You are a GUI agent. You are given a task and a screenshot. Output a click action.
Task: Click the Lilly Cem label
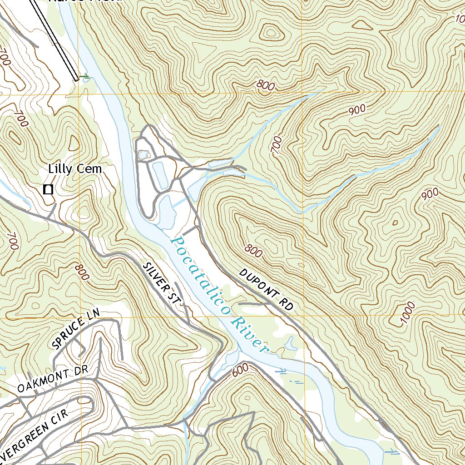point(75,169)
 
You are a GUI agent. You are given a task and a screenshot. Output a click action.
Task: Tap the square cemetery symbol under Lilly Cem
point(48,189)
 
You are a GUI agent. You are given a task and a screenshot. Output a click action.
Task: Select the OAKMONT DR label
point(52,381)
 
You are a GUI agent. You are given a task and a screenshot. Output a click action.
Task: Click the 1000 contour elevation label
point(408,314)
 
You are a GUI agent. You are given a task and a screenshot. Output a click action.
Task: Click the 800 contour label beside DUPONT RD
point(253,250)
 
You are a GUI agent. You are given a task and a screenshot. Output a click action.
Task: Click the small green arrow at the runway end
point(85,78)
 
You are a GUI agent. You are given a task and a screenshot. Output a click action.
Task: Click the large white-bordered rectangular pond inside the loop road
point(160,175)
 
